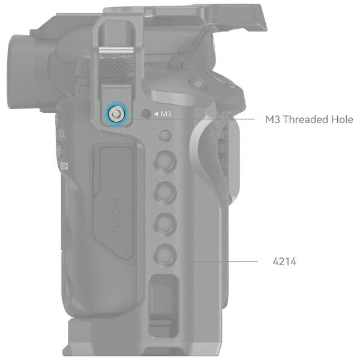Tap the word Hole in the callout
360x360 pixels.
click(x=342, y=119)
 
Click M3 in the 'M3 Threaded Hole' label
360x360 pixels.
click(x=273, y=119)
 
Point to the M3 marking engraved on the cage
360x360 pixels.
click(x=166, y=114)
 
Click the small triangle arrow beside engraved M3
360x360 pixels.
click(x=156, y=113)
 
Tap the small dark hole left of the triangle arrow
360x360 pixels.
click(x=146, y=113)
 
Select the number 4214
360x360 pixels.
click(x=284, y=262)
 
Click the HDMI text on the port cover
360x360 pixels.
click(x=116, y=215)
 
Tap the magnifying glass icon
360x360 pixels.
click(x=63, y=135)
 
